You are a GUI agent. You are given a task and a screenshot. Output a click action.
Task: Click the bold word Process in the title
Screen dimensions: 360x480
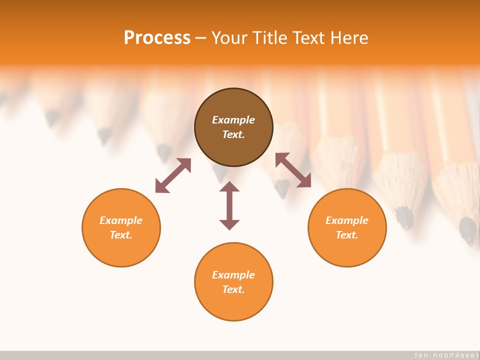tap(157, 37)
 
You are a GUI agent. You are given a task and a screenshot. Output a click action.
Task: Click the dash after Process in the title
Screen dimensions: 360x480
tap(200, 38)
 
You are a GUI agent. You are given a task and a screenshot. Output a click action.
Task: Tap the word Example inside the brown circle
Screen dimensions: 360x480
tap(233, 120)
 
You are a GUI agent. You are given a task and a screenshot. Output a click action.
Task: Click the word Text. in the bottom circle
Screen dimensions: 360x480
tap(233, 289)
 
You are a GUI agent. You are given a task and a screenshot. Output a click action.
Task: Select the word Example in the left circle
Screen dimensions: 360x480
tap(121, 220)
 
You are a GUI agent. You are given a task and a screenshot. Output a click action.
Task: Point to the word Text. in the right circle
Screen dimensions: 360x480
tap(347, 235)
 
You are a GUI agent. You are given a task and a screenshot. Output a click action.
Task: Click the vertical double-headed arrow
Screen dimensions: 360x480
tap(229, 205)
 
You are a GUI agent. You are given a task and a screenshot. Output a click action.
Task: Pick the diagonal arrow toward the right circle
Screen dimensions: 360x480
tap(293, 170)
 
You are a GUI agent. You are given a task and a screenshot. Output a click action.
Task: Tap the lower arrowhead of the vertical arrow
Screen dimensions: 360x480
tap(229, 224)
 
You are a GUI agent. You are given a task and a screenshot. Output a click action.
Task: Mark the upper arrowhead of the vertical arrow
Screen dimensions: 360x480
tap(229, 187)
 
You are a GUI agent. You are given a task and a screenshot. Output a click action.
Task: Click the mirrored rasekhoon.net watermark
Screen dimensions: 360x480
tap(443, 354)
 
